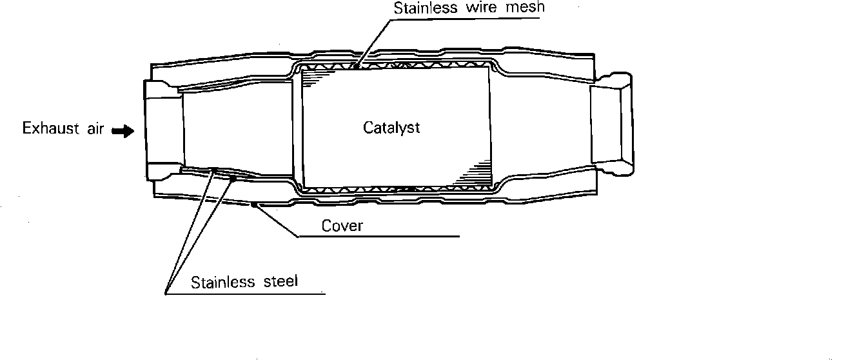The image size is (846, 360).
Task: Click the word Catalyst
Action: click(x=391, y=128)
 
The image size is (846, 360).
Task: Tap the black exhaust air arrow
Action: click(x=122, y=131)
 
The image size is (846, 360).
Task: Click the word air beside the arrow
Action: click(x=94, y=128)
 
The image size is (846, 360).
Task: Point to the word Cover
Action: click(x=342, y=226)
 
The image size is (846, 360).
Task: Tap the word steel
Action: click(x=278, y=283)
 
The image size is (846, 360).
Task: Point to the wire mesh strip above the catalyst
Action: click(x=393, y=65)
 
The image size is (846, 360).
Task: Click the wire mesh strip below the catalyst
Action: click(x=393, y=190)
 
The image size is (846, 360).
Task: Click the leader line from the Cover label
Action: click(x=277, y=221)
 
